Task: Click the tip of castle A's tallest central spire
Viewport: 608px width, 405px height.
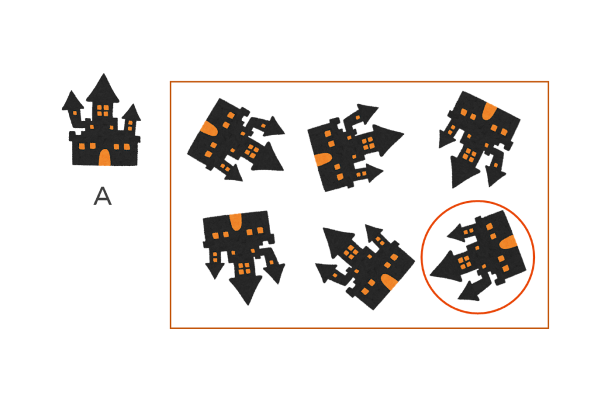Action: (x=103, y=74)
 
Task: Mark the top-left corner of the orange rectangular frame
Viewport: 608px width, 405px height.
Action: (x=170, y=82)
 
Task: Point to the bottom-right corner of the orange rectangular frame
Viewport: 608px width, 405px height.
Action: (x=548, y=328)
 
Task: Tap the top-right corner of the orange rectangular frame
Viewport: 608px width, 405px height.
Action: (x=548, y=82)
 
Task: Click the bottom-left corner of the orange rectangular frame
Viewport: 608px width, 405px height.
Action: (x=170, y=328)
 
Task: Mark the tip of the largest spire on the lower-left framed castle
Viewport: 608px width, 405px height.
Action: (x=248, y=305)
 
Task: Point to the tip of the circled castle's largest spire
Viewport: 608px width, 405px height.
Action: (x=431, y=275)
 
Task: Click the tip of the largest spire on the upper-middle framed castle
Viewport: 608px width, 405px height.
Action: (x=403, y=135)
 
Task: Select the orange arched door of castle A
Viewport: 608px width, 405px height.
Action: (x=104, y=157)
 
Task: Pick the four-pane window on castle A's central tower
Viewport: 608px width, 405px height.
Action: (x=103, y=110)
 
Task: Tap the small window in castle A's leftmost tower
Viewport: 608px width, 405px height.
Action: (x=75, y=113)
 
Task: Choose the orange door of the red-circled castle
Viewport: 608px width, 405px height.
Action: (x=508, y=243)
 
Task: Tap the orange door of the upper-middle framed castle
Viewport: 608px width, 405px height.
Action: (x=323, y=160)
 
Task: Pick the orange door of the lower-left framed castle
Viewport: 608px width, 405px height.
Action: (x=235, y=222)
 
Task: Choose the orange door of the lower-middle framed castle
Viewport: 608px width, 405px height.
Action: (x=389, y=282)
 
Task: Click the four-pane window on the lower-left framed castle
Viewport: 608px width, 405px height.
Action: (x=244, y=269)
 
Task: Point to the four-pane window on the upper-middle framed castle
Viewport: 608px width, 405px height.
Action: (x=367, y=144)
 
